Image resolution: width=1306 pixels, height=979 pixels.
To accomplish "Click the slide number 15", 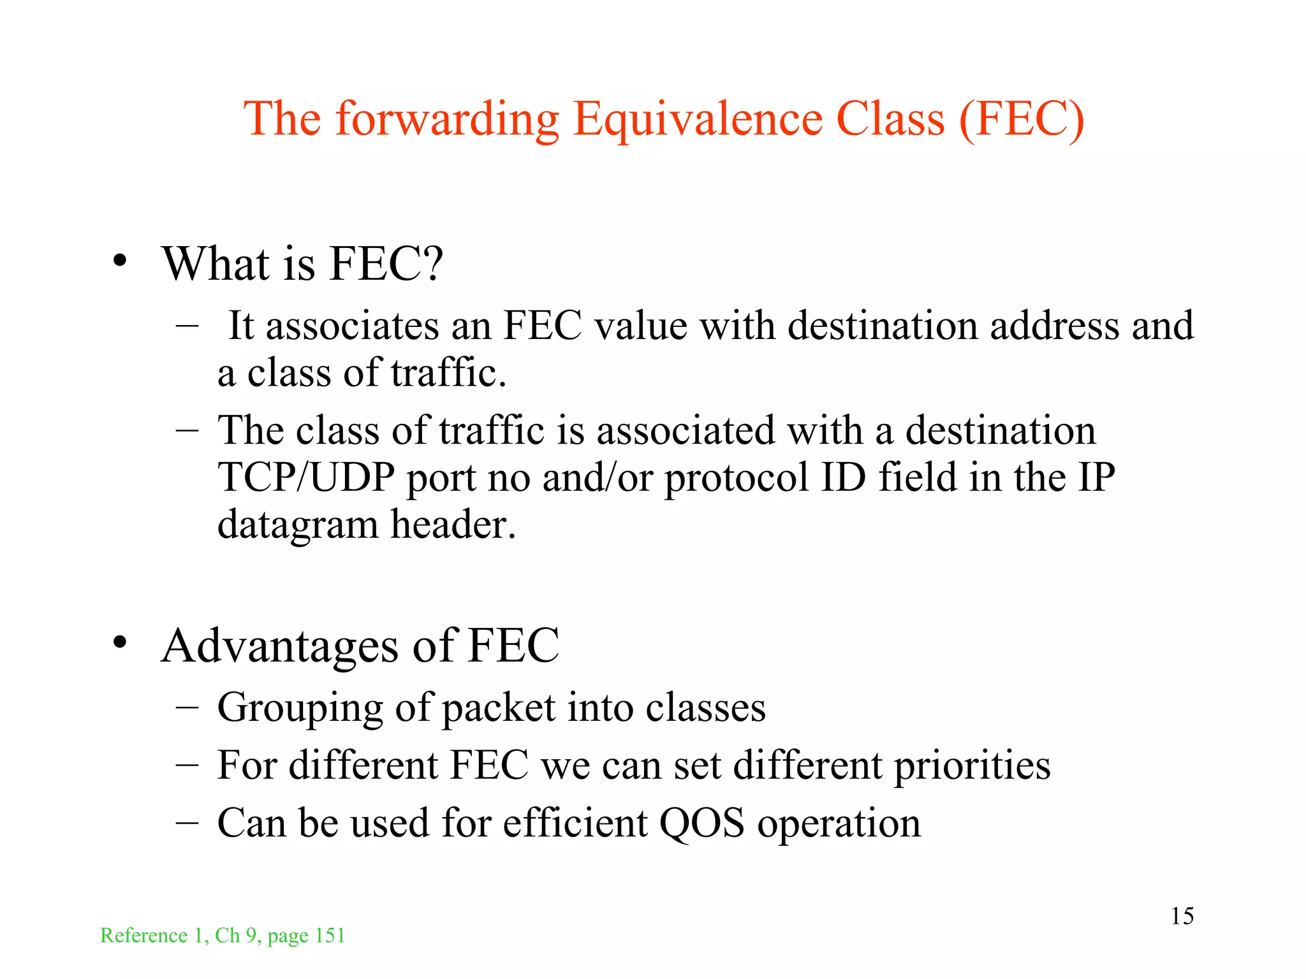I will (x=1182, y=917).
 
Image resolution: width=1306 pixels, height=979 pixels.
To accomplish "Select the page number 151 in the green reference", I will (x=330, y=936).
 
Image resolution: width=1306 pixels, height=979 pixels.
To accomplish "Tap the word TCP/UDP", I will (x=305, y=477).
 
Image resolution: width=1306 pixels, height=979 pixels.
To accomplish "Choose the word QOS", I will (x=701, y=823).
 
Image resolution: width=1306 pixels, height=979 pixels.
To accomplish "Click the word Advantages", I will (x=280, y=646).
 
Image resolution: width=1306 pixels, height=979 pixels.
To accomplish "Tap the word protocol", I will (x=737, y=479).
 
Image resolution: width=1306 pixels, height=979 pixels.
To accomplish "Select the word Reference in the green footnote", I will (x=143, y=936).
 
